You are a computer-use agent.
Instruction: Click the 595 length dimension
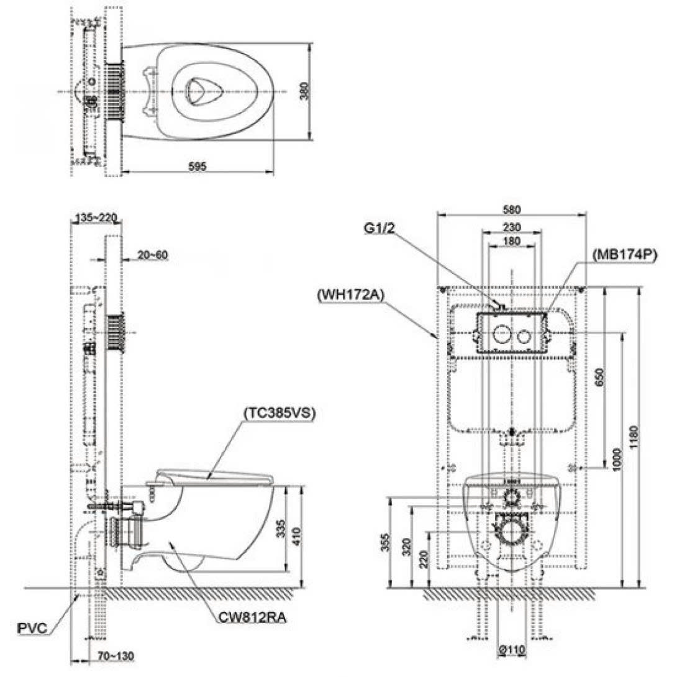coord(197,165)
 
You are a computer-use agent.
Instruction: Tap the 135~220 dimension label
coord(96,218)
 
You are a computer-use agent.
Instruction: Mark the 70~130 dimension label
coord(115,655)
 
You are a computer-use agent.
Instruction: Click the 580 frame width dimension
coord(512,209)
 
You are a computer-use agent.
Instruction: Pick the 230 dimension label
coord(512,227)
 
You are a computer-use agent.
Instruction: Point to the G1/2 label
coord(380,228)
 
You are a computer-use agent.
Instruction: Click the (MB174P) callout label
coord(624,254)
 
